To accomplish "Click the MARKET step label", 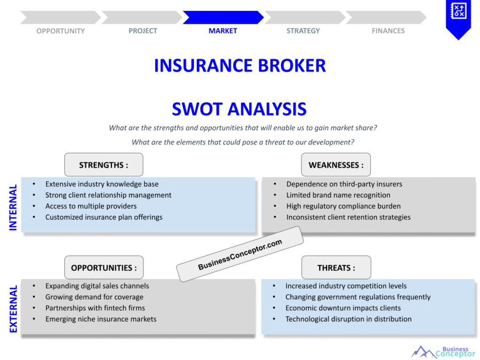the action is pyautogui.click(x=223, y=31).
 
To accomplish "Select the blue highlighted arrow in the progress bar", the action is pyautogui.click(x=223, y=17).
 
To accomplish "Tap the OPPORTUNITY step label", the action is pyautogui.click(x=60, y=31).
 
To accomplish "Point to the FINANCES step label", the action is pyautogui.click(x=388, y=31).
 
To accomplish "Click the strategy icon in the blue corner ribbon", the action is pyautogui.click(x=458, y=11).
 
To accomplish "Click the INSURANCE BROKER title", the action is pyautogui.click(x=240, y=66).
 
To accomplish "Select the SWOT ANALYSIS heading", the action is pyautogui.click(x=239, y=109).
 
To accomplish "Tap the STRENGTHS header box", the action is pyautogui.click(x=104, y=165).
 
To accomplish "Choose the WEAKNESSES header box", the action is pyautogui.click(x=336, y=165).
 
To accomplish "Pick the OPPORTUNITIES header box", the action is pyautogui.click(x=104, y=268).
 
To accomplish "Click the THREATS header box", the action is pyautogui.click(x=336, y=268).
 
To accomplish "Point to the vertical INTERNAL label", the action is pyautogui.click(x=13, y=207).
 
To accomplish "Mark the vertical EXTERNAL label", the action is pyautogui.click(x=13, y=309).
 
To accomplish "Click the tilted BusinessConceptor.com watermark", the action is pyautogui.click(x=240, y=254).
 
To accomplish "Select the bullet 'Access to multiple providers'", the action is pyautogui.click(x=91, y=206).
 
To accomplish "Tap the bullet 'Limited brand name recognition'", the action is pyautogui.click(x=338, y=195).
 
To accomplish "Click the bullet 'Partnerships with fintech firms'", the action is pyautogui.click(x=95, y=308).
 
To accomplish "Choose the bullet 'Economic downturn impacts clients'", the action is pyautogui.click(x=343, y=308).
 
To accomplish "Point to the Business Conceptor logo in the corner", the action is pyautogui.click(x=443, y=352).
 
